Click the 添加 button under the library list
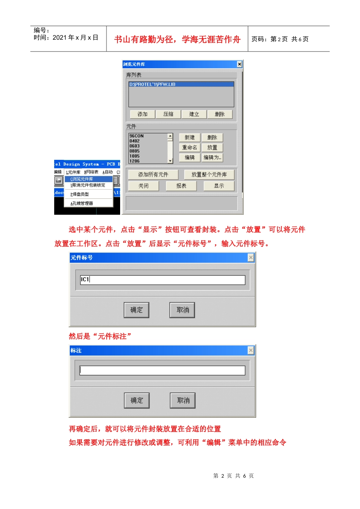point(142,114)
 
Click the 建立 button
point(194,114)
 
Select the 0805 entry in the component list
point(135,151)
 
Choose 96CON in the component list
point(136,136)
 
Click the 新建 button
point(189,137)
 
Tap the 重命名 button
point(189,148)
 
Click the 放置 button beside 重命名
point(212,148)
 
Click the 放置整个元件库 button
point(209,175)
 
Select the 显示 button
point(219,186)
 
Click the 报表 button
point(181,186)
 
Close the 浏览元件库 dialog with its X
point(239,64)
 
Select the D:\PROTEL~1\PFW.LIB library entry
point(181,84)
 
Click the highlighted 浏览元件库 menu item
point(89,179)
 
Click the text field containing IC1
point(163,280)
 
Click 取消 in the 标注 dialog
point(183,401)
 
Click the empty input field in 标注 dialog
point(163,370)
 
